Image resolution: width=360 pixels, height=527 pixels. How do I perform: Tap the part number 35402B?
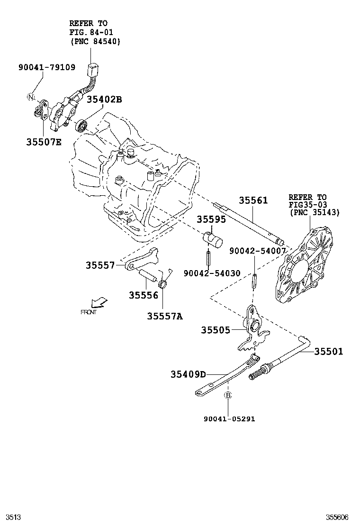click(x=104, y=99)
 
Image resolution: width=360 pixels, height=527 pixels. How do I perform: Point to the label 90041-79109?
click(x=47, y=67)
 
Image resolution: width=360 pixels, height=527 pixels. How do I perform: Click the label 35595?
click(x=211, y=219)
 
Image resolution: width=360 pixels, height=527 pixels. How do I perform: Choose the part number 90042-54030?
click(x=212, y=273)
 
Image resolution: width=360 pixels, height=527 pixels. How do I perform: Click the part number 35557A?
click(x=164, y=316)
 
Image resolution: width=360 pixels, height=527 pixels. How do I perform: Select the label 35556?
click(x=143, y=295)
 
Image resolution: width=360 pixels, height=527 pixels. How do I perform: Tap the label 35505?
click(x=215, y=330)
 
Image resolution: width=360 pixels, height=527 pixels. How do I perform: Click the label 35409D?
click(x=188, y=374)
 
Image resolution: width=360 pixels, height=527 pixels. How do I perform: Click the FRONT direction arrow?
click(x=99, y=302)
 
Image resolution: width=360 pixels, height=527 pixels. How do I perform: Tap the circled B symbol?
click(x=227, y=395)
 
